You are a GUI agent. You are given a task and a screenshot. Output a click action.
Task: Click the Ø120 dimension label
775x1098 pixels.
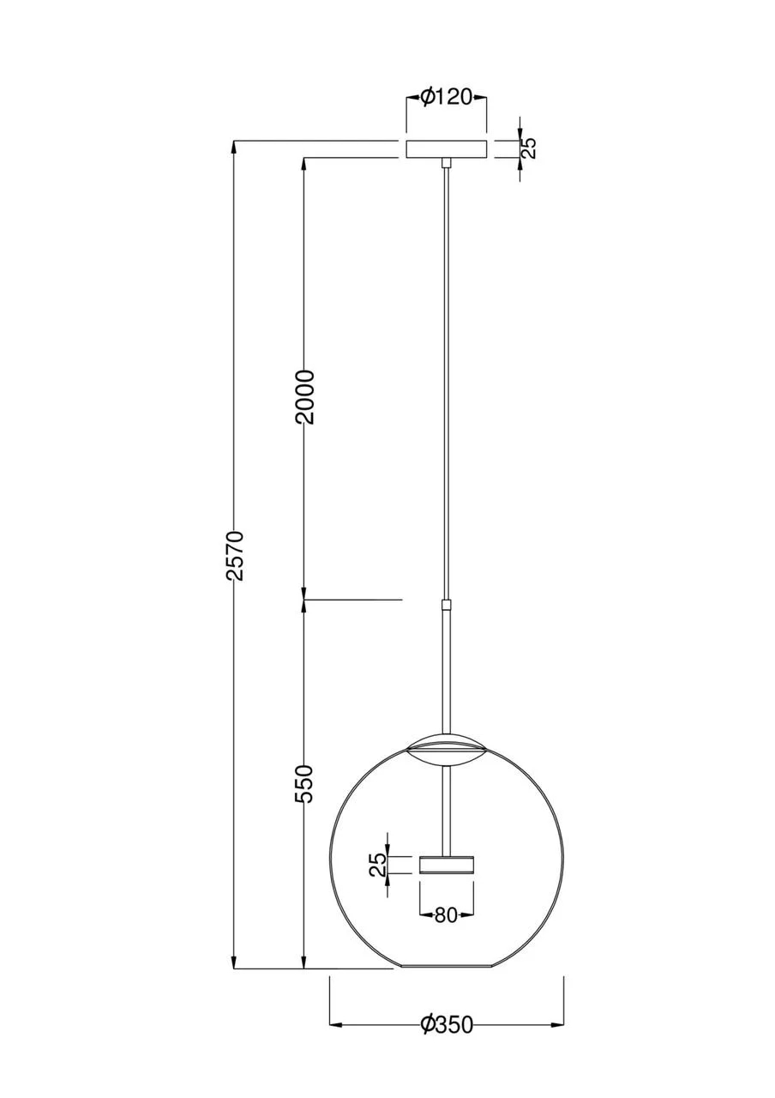[446, 98]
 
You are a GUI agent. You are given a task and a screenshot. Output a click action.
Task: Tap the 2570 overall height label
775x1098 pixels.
[237, 555]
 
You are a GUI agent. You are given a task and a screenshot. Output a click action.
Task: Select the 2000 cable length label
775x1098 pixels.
[304, 397]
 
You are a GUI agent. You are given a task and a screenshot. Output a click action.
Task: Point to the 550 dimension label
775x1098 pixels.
[304, 798]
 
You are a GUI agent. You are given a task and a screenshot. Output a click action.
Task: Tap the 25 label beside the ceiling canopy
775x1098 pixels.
[529, 148]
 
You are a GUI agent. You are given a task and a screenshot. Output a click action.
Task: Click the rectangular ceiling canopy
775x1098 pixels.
[446, 149]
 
